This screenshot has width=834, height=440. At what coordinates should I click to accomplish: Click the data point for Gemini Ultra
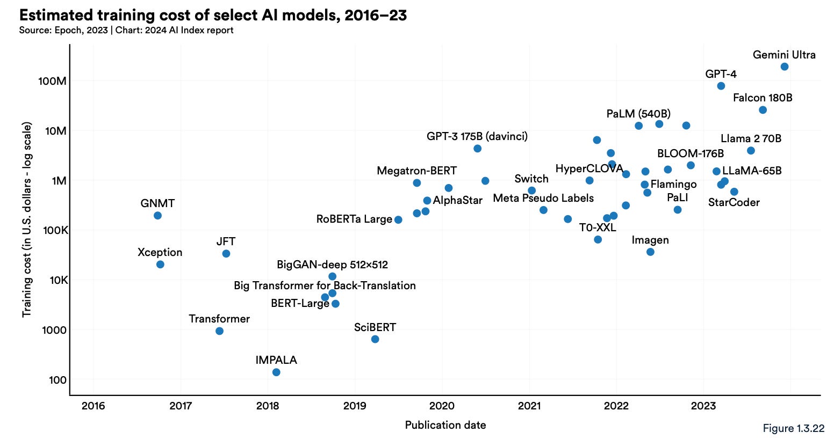(x=784, y=67)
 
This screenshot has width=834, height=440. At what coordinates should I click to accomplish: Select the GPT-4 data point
(x=721, y=86)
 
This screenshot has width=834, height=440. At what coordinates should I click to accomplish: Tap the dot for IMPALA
(x=276, y=372)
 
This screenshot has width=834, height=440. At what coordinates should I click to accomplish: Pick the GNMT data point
(x=157, y=216)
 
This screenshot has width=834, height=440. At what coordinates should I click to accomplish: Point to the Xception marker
(x=160, y=265)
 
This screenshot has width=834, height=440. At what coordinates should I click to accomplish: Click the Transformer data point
(x=219, y=331)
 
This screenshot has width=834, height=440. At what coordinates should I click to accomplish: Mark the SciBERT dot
(x=375, y=339)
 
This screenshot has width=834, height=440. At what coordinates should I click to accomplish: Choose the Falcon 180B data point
(x=763, y=110)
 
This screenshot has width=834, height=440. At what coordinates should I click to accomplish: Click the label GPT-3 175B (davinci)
(x=477, y=136)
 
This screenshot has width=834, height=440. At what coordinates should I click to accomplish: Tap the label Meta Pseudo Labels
(x=543, y=198)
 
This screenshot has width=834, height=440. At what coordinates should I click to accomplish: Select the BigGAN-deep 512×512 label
(x=332, y=265)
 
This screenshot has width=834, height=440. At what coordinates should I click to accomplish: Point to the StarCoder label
(x=734, y=202)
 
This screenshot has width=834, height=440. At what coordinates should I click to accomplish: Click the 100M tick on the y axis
(x=52, y=81)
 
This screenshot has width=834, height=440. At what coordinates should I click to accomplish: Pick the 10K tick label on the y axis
(x=55, y=280)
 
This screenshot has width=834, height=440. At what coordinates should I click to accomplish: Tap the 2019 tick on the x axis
(x=355, y=406)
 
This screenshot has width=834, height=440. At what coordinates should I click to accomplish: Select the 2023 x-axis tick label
(x=703, y=406)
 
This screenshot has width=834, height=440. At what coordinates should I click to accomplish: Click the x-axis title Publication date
(x=445, y=425)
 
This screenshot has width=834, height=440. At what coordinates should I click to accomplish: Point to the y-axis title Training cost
(x=27, y=220)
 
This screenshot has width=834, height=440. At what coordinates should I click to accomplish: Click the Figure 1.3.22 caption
(x=793, y=428)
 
